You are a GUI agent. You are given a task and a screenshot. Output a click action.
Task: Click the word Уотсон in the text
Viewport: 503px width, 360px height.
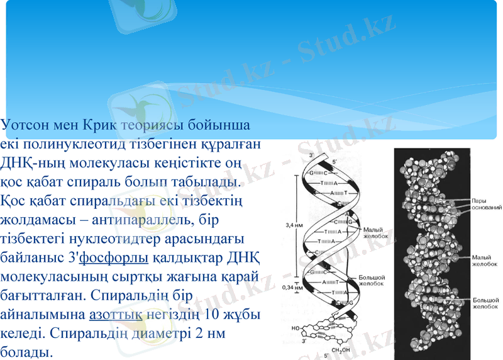click(x=23, y=125)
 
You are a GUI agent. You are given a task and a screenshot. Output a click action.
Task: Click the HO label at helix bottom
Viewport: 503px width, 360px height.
click(x=296, y=328)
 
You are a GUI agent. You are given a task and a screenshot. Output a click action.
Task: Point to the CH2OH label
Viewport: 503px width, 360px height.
click(x=341, y=351)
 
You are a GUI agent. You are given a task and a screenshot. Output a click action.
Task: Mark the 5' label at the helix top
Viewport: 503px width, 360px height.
click(x=334, y=162)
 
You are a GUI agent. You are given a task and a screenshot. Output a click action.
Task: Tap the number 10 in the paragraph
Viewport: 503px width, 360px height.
click(x=213, y=313)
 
